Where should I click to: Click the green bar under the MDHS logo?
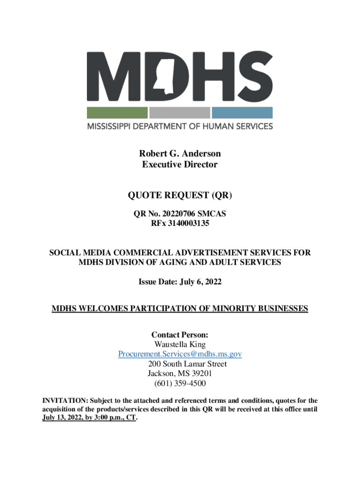point(117,113)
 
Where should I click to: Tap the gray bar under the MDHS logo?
point(180,113)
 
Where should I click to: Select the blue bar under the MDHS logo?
point(242,113)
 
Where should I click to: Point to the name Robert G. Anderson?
point(180,153)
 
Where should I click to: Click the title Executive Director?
point(180,165)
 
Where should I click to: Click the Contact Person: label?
point(180,335)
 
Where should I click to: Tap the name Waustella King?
point(180,345)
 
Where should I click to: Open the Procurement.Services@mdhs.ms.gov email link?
point(180,355)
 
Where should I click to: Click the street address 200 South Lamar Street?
point(187,364)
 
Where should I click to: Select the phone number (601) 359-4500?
point(180,384)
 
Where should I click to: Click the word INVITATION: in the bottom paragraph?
point(62,401)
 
